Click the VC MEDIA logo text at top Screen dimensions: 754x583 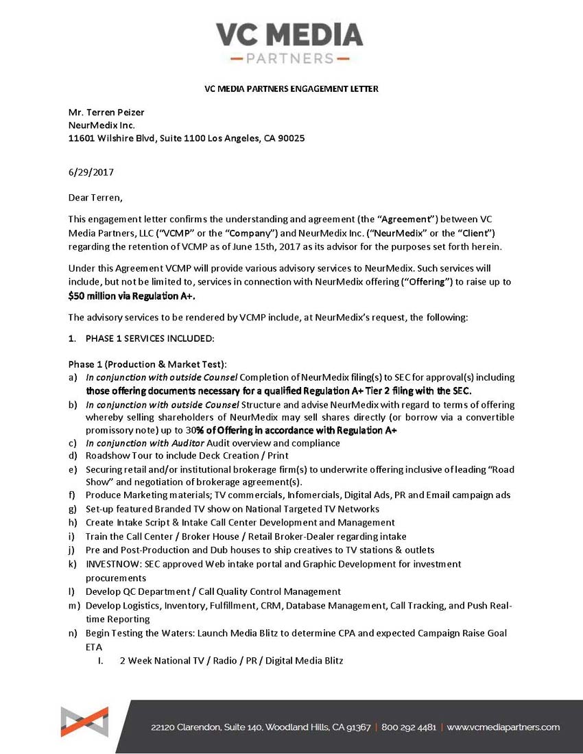pos(290,34)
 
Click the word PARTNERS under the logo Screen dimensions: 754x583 pos(289,58)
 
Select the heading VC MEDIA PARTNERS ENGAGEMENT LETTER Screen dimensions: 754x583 pos(291,89)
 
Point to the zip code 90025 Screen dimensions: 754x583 pos(291,138)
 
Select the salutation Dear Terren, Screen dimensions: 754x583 pos(95,198)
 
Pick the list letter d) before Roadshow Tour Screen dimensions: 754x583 pos(72,456)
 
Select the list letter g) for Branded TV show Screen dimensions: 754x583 pos(72,509)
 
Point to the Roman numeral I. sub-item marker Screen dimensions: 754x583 pos(100,661)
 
